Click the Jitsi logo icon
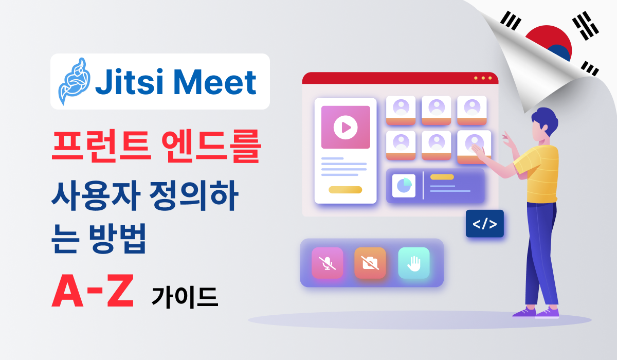coord(73,81)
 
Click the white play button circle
coord(345,127)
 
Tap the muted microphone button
coord(327,263)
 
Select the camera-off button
coord(370,263)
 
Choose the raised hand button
coord(413,263)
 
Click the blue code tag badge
coord(484,223)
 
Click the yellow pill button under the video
coord(345,189)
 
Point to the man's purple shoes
coord(535,312)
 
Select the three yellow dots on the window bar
coord(483,78)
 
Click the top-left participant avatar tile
coord(401,110)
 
